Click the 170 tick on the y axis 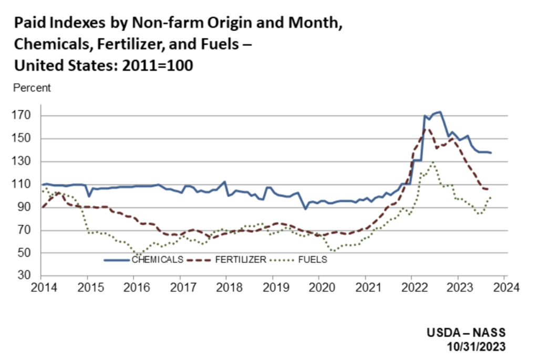click(27, 115)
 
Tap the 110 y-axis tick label click(27, 184)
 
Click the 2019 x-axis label click(272, 288)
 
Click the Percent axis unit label click(32, 88)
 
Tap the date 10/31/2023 click(477, 346)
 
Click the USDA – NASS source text click(466, 333)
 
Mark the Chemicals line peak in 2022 click(439, 111)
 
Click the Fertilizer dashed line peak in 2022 click(426, 128)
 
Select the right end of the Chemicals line click(491, 152)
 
